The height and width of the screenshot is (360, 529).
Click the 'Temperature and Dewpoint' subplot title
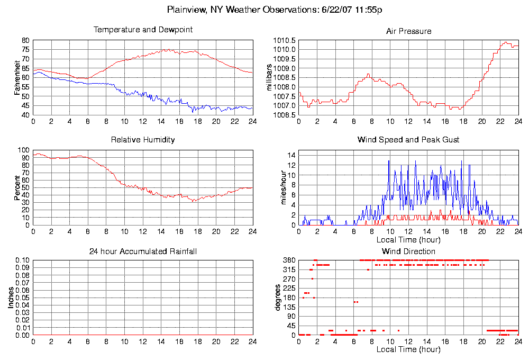(143, 30)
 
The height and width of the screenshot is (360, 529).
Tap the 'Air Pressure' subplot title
(408, 31)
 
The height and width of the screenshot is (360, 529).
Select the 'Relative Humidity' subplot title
(143, 140)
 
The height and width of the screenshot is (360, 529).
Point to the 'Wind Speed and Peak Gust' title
(408, 140)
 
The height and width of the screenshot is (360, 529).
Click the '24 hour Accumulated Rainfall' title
(143, 251)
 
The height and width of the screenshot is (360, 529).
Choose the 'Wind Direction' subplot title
(408, 251)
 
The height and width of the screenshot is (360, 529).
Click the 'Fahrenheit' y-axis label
(17, 77)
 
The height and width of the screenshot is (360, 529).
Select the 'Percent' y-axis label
(17, 187)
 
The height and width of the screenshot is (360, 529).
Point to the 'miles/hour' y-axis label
(276, 187)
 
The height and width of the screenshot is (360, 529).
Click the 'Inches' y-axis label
(11, 298)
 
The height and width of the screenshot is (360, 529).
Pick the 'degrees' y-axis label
(277, 298)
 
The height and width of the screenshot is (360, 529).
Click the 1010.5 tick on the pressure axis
(284, 40)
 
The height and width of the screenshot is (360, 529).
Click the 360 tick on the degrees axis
(288, 260)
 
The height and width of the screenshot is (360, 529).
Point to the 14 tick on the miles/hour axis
(290, 155)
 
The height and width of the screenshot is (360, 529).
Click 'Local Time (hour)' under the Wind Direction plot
(408, 350)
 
